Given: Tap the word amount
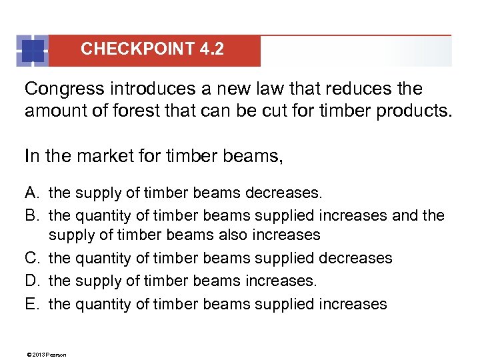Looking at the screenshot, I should [x=54, y=110].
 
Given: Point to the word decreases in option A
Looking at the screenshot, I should [x=283, y=193].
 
